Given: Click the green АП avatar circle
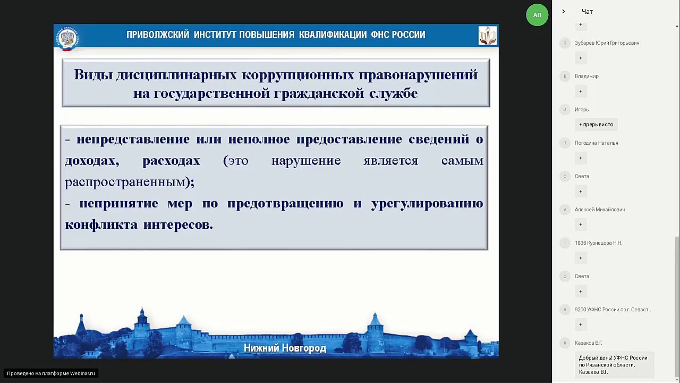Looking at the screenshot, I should click(x=537, y=15).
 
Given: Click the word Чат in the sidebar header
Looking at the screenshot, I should click(x=587, y=12).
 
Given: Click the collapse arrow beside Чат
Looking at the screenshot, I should click(x=564, y=12).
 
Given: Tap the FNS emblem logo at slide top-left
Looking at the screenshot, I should click(x=67, y=37).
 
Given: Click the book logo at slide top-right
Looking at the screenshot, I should click(x=487, y=36).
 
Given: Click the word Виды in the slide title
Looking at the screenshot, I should click(x=92, y=75).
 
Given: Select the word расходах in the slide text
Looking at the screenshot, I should click(x=171, y=161).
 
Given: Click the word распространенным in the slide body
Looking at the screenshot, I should click(x=125, y=182).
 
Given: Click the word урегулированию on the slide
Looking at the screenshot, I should click(x=427, y=204).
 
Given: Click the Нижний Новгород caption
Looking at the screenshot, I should click(x=285, y=348).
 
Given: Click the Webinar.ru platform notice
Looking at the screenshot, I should click(x=51, y=373).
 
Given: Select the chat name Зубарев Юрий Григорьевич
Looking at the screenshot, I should click(x=607, y=43).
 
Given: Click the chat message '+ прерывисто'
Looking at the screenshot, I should click(x=596, y=124).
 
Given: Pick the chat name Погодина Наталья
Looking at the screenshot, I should click(x=596, y=143).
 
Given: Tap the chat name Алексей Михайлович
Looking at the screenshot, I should click(x=599, y=210).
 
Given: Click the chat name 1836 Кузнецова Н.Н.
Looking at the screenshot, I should click(x=598, y=243).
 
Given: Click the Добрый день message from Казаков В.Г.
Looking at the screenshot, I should click(x=613, y=365).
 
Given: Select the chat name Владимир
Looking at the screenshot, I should click(x=586, y=77).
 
